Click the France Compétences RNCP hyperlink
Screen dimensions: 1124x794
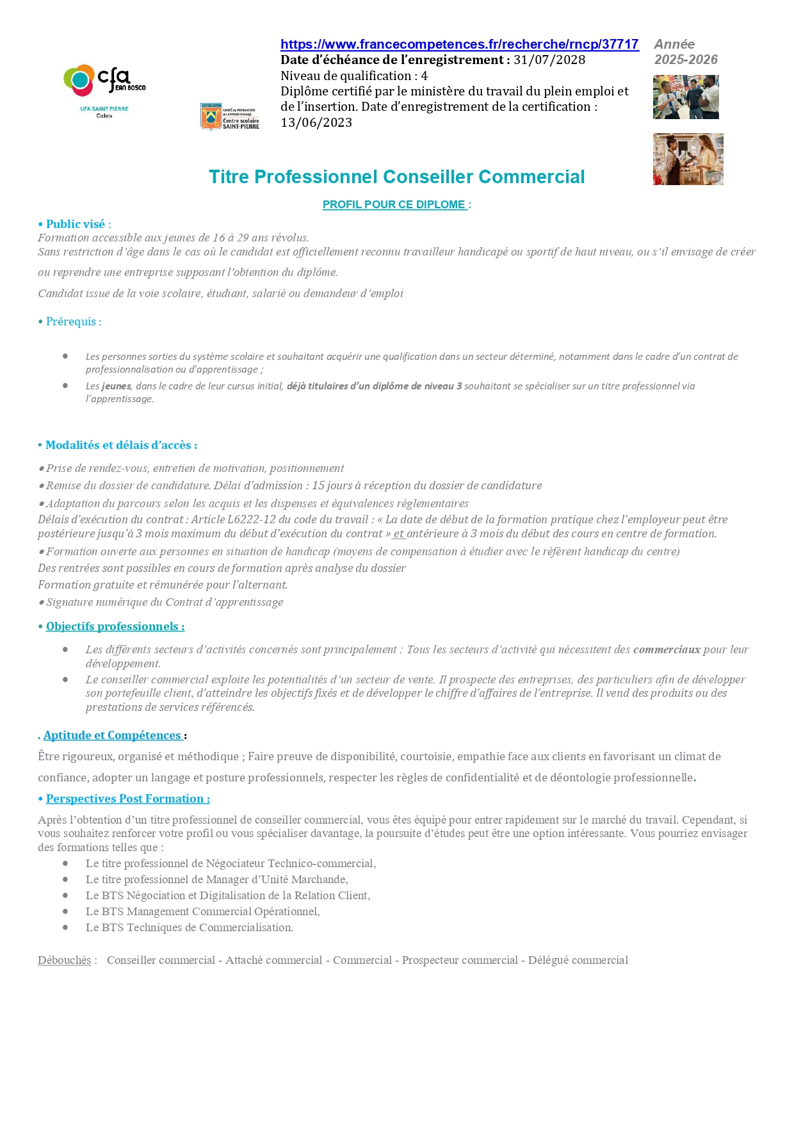[x=459, y=44]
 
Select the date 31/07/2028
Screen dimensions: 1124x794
[x=549, y=60]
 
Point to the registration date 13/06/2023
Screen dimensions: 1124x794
[x=316, y=123]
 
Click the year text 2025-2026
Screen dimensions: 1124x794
[x=686, y=60]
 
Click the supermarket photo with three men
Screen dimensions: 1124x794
[x=686, y=97]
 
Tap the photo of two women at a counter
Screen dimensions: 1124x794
[x=688, y=159]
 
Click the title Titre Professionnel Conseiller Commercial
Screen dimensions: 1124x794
[x=396, y=177]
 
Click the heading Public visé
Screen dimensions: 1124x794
[x=75, y=224]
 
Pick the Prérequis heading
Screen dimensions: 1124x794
[x=73, y=322]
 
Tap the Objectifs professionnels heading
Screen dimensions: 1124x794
[x=115, y=626]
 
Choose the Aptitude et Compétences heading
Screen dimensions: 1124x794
[x=113, y=735]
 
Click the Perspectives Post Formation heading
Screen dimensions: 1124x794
[x=127, y=799]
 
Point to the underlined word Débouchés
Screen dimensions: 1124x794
[x=64, y=960]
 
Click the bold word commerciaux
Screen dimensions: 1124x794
[x=667, y=649]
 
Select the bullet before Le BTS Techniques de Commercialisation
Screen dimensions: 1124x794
[x=65, y=927]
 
